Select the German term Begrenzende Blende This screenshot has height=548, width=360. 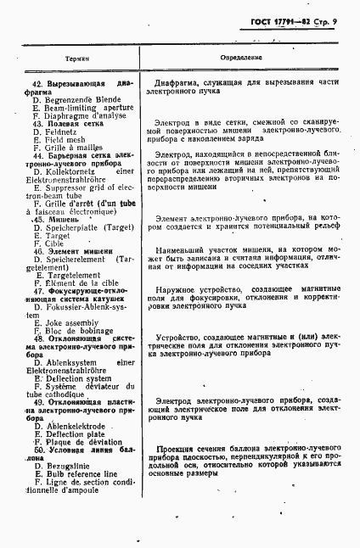pos(81,99)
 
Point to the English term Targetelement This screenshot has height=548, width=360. pos(76,275)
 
